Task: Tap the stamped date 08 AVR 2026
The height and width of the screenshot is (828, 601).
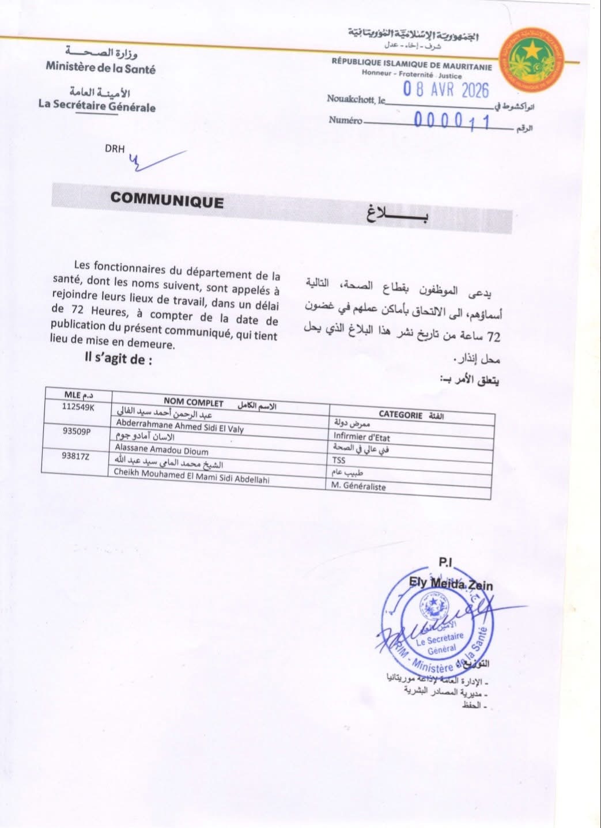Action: (x=445, y=90)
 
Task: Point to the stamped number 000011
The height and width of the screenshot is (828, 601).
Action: (x=452, y=121)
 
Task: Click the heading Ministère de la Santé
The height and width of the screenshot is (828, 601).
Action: (x=101, y=67)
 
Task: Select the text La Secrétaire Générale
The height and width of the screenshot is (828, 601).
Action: (x=97, y=105)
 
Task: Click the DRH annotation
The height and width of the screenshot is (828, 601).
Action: (x=115, y=149)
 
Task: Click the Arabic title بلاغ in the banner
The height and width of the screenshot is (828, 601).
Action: (x=397, y=214)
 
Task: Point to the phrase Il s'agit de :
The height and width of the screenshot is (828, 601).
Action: (x=119, y=360)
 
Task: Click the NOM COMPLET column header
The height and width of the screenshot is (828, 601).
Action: (x=193, y=402)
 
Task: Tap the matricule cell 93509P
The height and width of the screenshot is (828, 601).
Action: (x=76, y=431)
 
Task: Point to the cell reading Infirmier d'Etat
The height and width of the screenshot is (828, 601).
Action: (x=361, y=437)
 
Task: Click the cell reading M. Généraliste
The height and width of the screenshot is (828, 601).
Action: (x=358, y=486)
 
